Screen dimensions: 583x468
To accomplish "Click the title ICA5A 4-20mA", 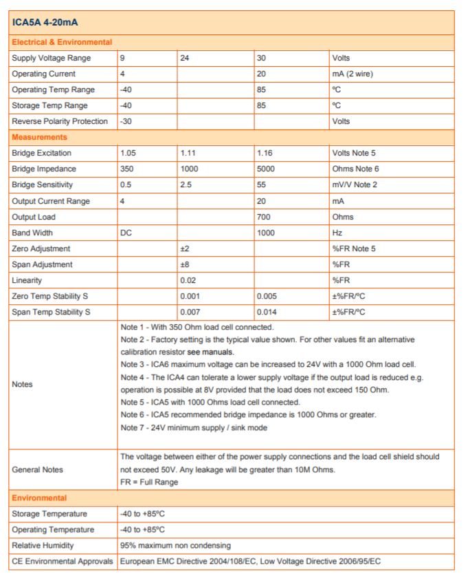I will point(45,22).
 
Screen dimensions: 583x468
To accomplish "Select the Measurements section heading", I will point(39,137).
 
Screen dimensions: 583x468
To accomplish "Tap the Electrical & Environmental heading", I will point(62,42).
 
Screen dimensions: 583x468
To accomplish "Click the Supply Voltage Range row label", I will point(52,58).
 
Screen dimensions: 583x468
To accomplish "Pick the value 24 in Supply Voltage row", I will point(184,58).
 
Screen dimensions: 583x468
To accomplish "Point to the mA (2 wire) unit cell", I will point(355,74).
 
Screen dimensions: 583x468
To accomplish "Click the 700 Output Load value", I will point(263,217).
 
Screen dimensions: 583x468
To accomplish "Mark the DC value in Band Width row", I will point(126,233).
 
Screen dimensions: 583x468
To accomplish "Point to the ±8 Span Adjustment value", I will point(184,264).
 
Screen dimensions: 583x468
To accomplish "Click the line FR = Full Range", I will point(149,482).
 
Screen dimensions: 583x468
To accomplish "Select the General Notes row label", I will point(37,469).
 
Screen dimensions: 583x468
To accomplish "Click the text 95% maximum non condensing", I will point(175,545).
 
